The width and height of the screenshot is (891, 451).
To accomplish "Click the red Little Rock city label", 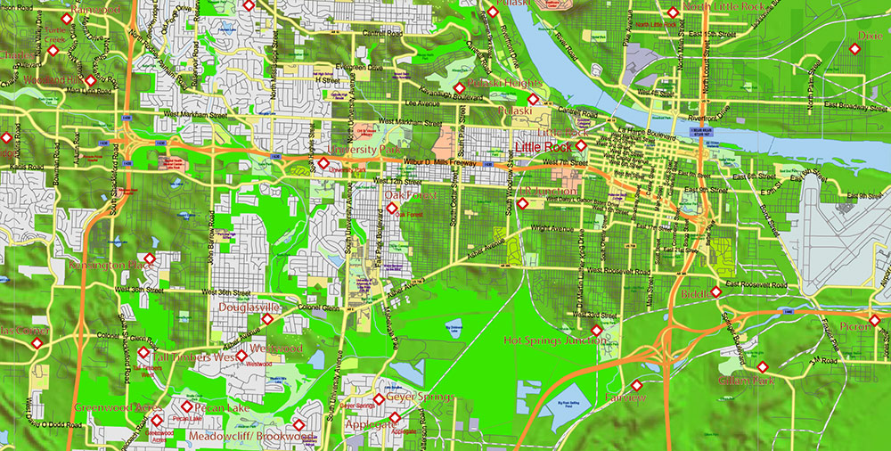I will point(543,146).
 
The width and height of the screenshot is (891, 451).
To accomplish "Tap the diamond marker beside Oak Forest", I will point(392,209).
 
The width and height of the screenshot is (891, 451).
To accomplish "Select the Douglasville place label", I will point(249,307).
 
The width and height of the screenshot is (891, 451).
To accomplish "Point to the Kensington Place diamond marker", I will point(149,259).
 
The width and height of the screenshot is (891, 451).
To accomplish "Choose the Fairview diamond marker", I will point(636,385).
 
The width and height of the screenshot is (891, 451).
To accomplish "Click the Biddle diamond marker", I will point(715,292).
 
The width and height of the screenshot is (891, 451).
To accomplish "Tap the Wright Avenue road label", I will point(550,229).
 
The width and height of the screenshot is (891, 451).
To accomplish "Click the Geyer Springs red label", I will point(421,397).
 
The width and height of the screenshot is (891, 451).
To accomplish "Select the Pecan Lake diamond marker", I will point(187,406).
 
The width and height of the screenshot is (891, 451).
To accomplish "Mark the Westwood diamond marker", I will point(241,357).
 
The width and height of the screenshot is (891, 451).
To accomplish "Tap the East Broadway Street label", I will point(847,107).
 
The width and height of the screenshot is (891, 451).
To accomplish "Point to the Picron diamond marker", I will point(874,319).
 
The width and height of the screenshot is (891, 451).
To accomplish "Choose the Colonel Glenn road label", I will point(319,308).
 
